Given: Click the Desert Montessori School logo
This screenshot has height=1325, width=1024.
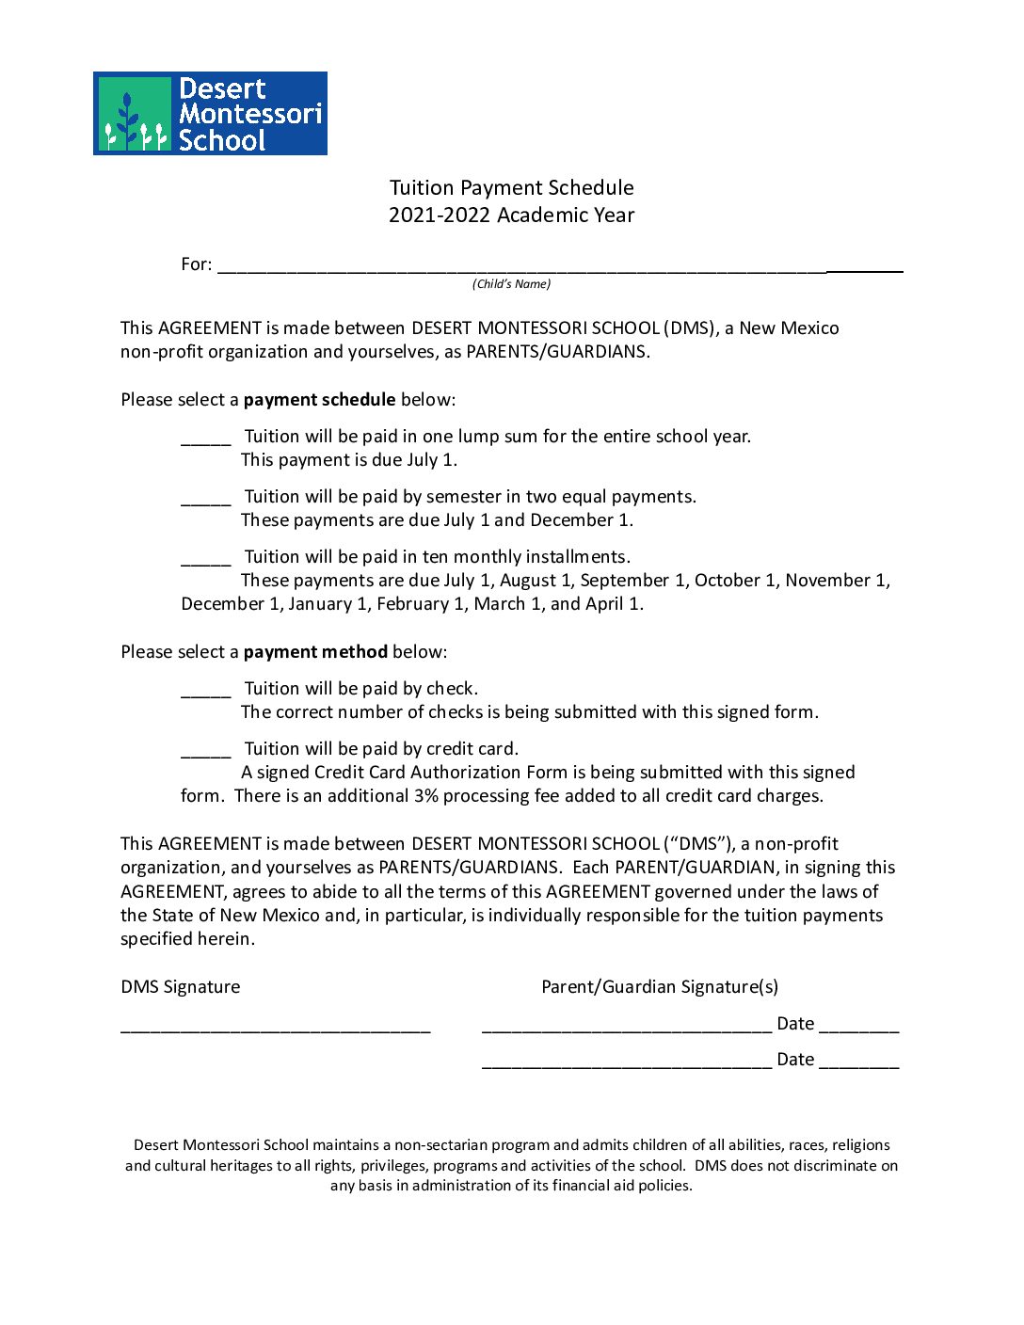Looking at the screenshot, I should coord(210,113).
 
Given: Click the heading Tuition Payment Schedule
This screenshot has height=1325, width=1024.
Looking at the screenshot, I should coord(511,187).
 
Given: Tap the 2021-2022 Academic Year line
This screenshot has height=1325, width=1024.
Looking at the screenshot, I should coord(511,215).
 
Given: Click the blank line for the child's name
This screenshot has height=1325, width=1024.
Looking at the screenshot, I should coord(559,267).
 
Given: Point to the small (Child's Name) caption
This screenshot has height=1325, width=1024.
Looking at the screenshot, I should coord(511,284).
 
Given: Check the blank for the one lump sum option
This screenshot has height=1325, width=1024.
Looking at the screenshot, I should coord(205,439).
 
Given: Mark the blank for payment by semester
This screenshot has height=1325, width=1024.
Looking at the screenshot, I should coord(205,500).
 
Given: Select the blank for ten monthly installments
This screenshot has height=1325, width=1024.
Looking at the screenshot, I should coord(205,560).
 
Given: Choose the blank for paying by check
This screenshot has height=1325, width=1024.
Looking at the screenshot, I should coord(205,692).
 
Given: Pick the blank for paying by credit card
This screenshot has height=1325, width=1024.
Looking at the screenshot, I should coord(205,752).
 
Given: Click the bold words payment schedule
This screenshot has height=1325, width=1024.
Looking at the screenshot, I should coord(319,399).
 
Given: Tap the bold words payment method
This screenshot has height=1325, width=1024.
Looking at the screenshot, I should coord(315,651).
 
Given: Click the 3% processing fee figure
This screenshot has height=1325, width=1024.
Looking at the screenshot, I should coord(425,795).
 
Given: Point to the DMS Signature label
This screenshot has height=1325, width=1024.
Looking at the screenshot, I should coord(180,986).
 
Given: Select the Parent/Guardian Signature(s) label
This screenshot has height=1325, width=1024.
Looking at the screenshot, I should coord(659,986).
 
